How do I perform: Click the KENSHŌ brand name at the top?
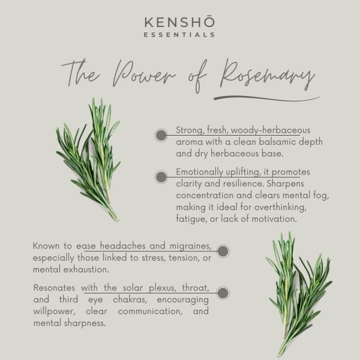pyautogui.click(x=179, y=22)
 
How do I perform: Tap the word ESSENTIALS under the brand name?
pyautogui.click(x=179, y=35)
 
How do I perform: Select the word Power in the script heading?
pyautogui.click(x=144, y=74)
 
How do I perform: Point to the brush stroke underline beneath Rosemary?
pyautogui.click(x=266, y=98)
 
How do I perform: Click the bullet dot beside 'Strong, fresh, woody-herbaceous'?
pyautogui.click(x=161, y=135)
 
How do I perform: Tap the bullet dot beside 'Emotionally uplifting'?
pyautogui.click(x=161, y=177)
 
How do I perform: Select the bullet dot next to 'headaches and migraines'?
pyautogui.click(x=223, y=251)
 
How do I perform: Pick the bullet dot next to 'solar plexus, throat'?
pyautogui.click(x=223, y=293)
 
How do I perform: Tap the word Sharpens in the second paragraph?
pyautogui.click(x=286, y=184)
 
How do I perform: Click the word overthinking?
pyautogui.click(x=280, y=208)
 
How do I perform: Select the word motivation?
pyautogui.click(x=274, y=219)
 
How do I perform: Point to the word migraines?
pyautogui.click(x=190, y=246)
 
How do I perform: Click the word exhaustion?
pyautogui.click(x=86, y=269)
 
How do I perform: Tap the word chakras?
pyautogui.click(x=130, y=299)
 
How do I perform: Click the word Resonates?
pyautogui.click(x=54, y=288)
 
